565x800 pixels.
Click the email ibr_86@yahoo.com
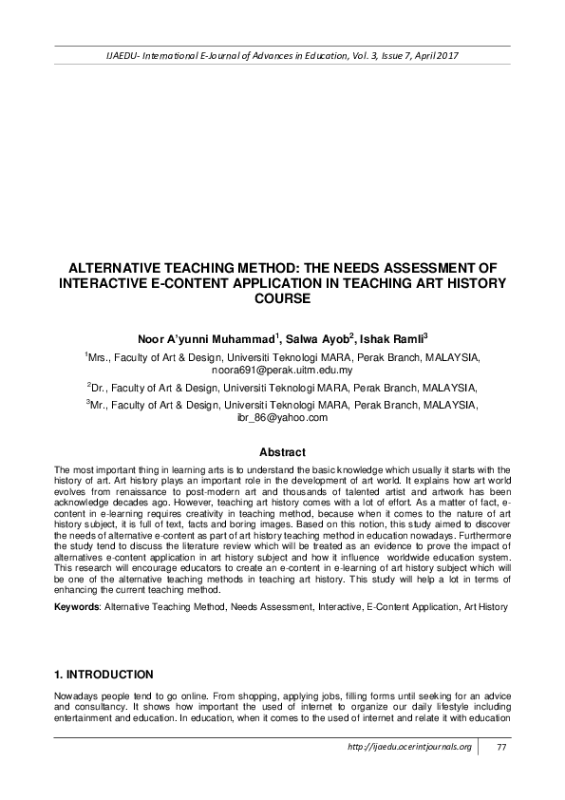282,417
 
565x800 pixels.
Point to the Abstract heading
282,452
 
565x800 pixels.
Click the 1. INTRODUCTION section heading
104,675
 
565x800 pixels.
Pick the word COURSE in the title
282,298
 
